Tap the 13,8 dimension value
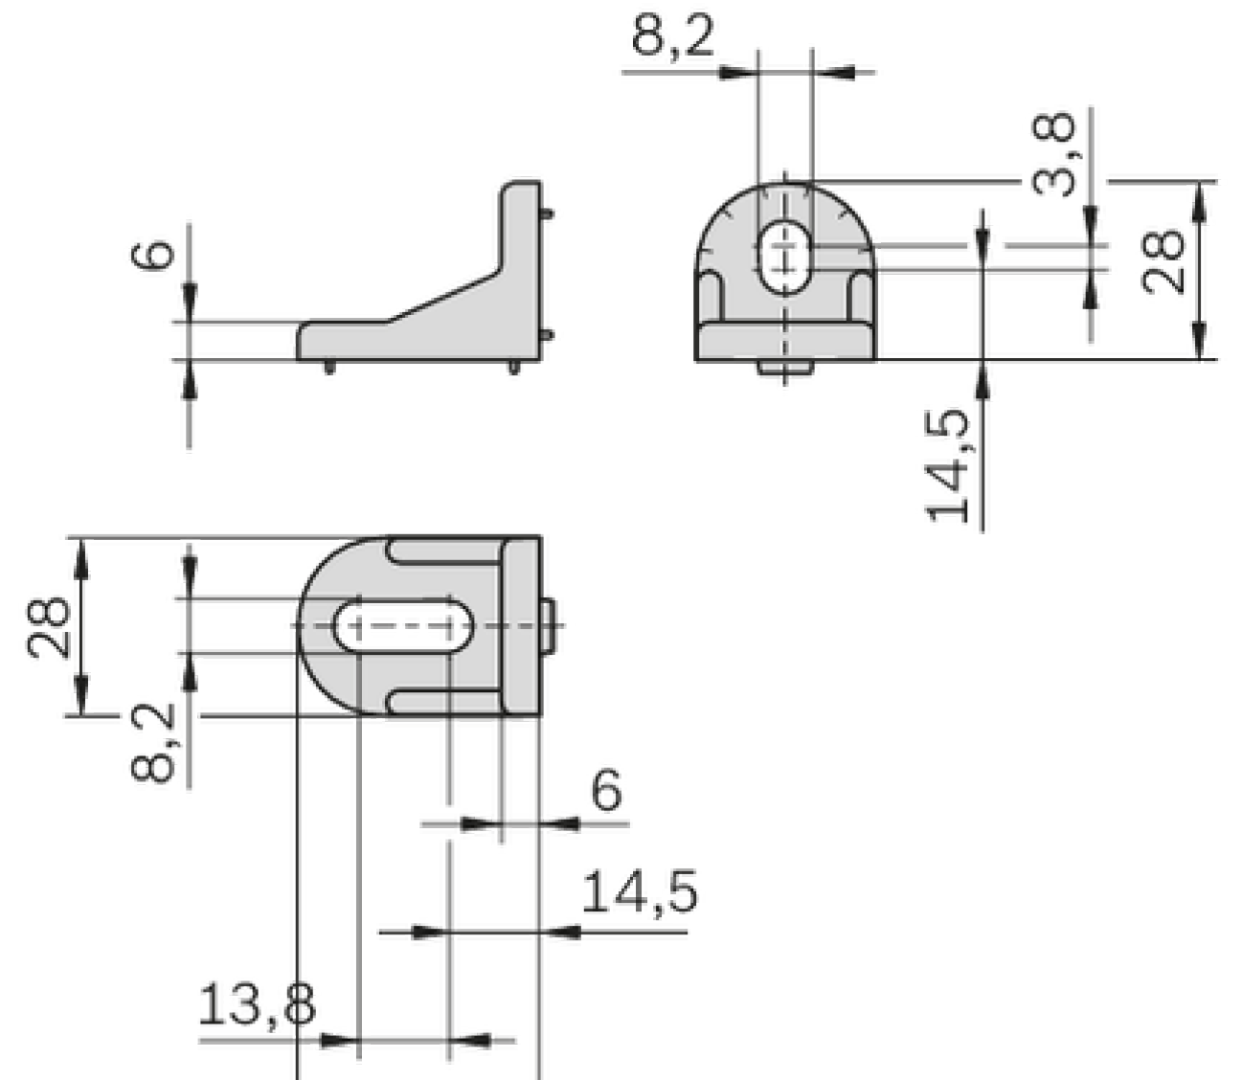[x=257, y=1006]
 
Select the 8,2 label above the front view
[x=672, y=38]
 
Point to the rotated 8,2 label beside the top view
[x=153, y=742]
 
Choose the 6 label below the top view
[x=606, y=791]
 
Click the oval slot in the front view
[x=784, y=257]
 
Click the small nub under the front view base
[x=784, y=368]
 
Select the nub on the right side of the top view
[x=549, y=626]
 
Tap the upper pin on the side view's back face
[x=547, y=214]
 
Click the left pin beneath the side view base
[x=329, y=367]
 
